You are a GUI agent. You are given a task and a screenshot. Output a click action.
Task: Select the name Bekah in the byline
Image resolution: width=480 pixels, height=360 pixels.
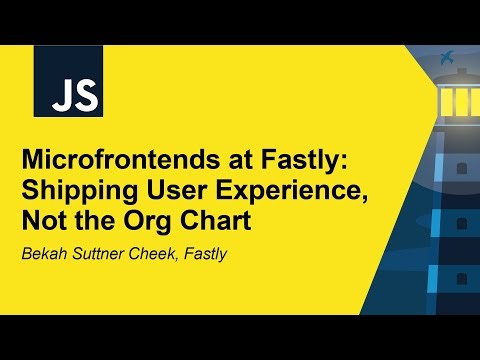click(x=44, y=254)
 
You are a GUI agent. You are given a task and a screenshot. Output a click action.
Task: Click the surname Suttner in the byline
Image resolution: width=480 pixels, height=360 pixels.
click(x=98, y=254)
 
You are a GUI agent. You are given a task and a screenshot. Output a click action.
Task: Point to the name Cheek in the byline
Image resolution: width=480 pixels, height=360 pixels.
click(x=153, y=254)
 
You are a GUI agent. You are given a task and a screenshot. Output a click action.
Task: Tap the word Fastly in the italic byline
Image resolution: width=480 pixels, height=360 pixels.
click(x=205, y=254)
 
